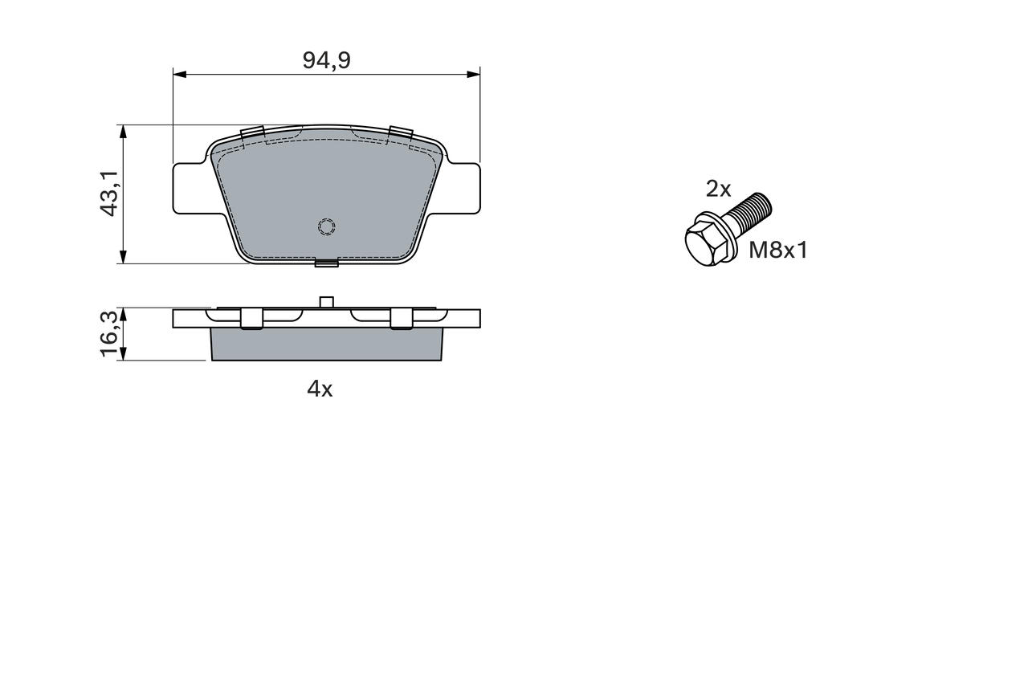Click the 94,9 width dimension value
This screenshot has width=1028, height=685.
(x=326, y=61)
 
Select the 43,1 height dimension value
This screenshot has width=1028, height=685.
(x=109, y=194)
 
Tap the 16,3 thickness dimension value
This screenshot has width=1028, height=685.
(x=109, y=333)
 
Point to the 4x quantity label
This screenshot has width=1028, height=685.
(x=320, y=389)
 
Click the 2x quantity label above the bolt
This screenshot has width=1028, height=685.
(x=718, y=189)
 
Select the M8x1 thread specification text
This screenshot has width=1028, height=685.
(x=778, y=251)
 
